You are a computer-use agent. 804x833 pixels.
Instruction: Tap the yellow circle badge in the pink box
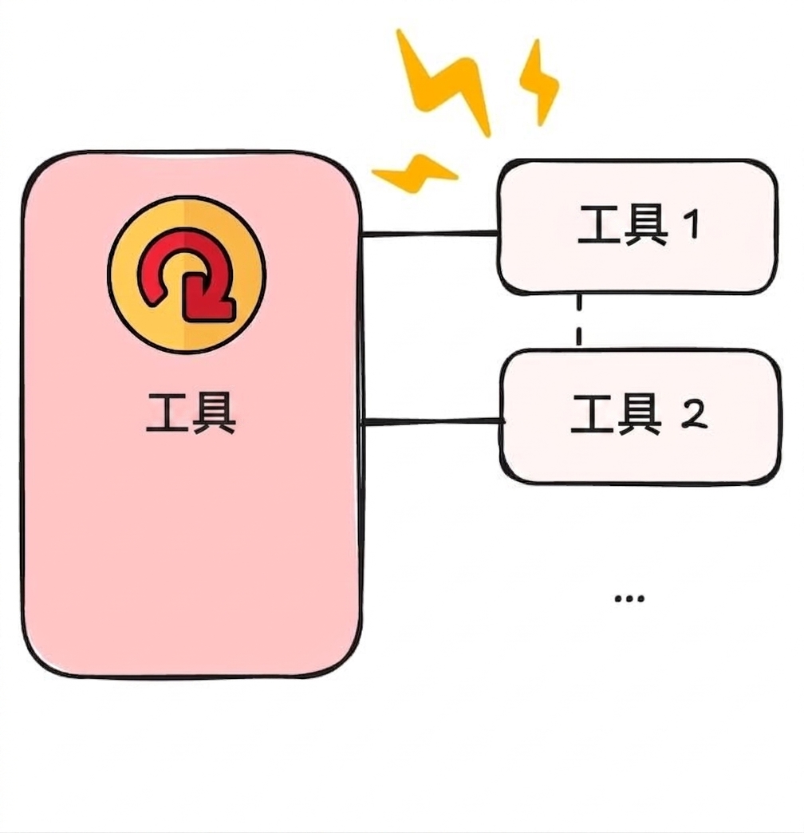[x=187, y=274]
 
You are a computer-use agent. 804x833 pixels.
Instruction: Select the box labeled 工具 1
[x=637, y=227]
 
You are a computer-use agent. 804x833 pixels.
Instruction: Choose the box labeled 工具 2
[x=640, y=416]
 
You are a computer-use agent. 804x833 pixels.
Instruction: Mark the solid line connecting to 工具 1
[x=429, y=233]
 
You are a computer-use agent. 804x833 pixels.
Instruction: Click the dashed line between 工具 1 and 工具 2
[x=579, y=320]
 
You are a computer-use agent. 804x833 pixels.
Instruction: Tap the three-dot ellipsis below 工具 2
[x=629, y=598]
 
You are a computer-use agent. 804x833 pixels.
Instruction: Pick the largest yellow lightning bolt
[x=444, y=84]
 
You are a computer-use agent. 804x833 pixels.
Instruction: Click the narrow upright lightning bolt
[x=539, y=82]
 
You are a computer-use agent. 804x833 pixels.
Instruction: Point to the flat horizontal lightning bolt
[x=414, y=173]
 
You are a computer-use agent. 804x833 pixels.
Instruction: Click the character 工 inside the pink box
[x=167, y=413]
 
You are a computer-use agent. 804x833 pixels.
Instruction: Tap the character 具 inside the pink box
[x=214, y=413]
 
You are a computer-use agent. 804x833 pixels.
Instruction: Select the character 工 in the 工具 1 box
[x=599, y=225]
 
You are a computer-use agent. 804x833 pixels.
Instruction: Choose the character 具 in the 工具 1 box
[x=646, y=225]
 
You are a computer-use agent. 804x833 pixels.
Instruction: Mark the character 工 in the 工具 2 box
[x=592, y=414]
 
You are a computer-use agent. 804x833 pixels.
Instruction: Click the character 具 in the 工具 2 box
[x=639, y=414]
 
